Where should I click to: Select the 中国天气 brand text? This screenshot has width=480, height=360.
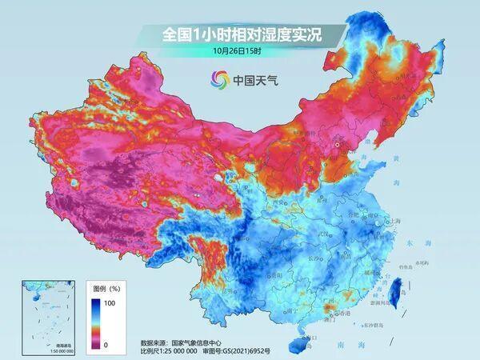coord(254,79)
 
